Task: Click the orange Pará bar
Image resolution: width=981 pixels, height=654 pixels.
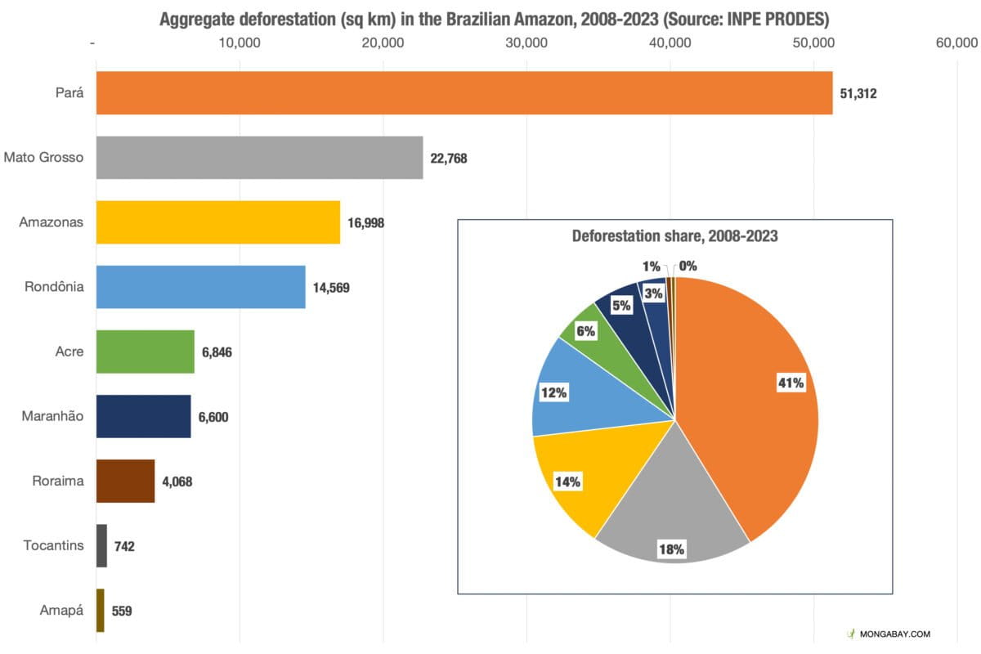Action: coord(464,92)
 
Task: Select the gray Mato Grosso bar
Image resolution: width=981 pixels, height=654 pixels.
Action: coord(259,157)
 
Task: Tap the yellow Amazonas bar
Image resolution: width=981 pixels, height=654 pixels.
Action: coord(217,222)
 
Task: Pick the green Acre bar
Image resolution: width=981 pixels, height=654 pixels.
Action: coord(145,352)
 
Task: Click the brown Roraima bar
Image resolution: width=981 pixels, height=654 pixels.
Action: coord(125,481)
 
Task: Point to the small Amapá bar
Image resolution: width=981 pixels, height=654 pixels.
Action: coord(101,610)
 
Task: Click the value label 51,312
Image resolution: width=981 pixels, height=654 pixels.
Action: coord(858,93)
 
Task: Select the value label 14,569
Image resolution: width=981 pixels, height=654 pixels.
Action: coord(331,288)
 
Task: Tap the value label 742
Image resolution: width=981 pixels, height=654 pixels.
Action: coord(124,546)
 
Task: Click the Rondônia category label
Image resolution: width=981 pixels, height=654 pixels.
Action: coord(55,287)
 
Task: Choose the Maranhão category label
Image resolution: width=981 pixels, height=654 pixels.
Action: coord(52,416)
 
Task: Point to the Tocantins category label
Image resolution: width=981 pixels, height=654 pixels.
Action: coord(53,545)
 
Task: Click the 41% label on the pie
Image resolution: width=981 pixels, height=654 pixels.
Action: coord(791,383)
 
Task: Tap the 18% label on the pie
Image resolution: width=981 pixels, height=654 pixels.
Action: coord(671,549)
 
